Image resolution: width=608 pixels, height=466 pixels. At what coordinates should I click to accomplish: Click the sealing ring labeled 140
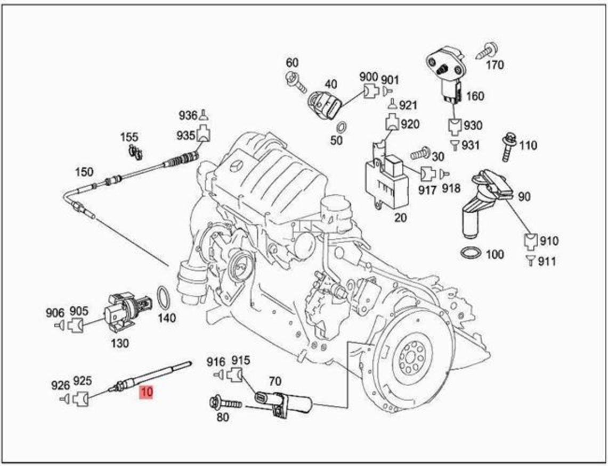(164, 297)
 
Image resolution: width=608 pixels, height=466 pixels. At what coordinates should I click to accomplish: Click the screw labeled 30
(420, 155)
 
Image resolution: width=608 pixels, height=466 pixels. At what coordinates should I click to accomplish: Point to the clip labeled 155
(135, 152)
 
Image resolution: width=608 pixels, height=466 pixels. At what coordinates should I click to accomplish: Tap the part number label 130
(119, 343)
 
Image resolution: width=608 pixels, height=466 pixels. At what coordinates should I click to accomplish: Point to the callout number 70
(274, 381)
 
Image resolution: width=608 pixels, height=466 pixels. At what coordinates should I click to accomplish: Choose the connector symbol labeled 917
(428, 173)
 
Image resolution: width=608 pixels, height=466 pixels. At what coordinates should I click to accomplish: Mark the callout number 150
(84, 172)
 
